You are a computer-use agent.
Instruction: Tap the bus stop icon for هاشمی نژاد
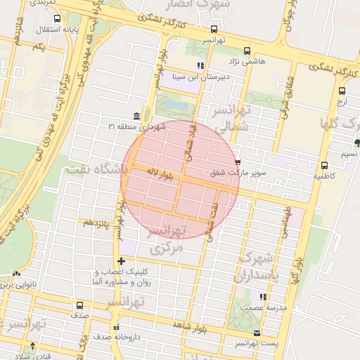[x=247, y=51]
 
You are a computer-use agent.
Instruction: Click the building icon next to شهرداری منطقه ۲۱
[x=136, y=116]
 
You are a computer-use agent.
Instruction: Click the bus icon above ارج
[x=342, y=91]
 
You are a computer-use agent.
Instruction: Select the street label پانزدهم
[x=97, y=223]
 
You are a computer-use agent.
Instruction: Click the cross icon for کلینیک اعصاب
[x=121, y=261]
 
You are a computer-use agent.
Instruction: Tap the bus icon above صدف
[x=79, y=305]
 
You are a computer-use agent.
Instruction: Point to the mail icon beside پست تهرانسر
[x=257, y=333]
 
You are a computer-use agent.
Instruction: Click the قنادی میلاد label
[x=25, y=355]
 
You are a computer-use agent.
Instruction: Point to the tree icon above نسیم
[x=357, y=143]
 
